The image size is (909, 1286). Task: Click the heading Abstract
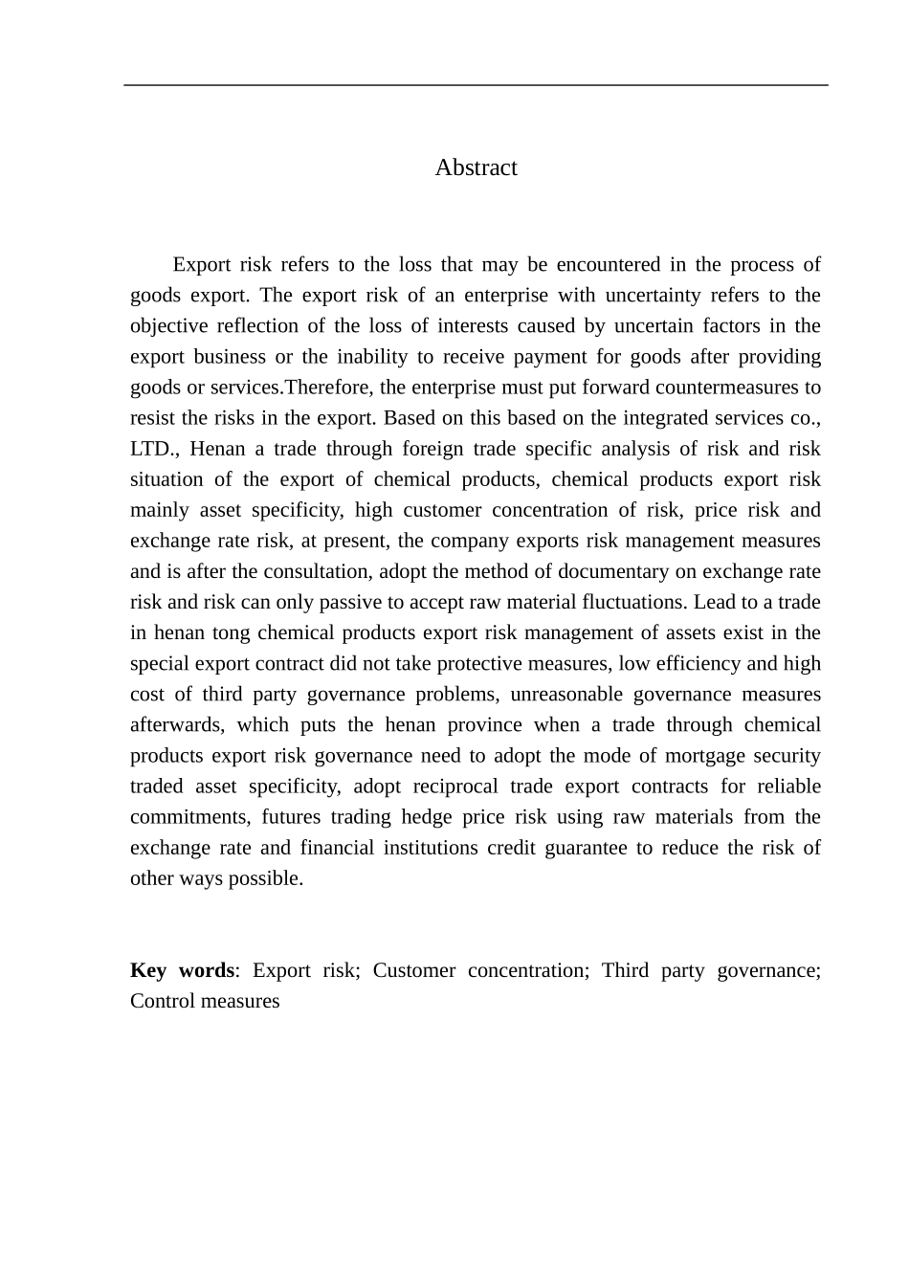click(476, 167)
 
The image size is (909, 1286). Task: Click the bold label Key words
click(182, 970)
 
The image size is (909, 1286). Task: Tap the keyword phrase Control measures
click(205, 1001)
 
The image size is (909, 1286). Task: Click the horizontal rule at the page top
click(476, 85)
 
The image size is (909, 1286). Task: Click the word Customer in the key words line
click(413, 970)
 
